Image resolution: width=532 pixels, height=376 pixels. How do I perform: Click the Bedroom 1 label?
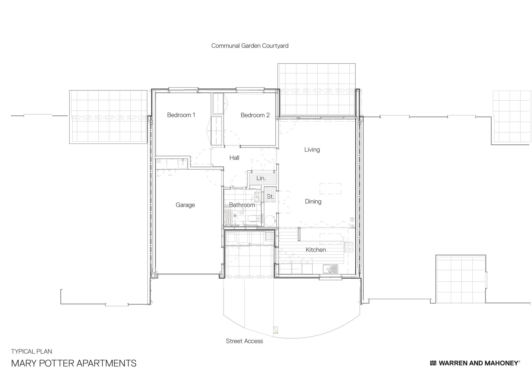click(181, 115)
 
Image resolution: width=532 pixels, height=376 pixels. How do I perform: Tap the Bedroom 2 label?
click(255, 115)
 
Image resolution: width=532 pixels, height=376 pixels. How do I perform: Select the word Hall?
click(234, 158)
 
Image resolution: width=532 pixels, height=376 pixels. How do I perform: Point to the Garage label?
click(185, 205)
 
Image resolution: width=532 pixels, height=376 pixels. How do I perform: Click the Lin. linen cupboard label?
click(261, 178)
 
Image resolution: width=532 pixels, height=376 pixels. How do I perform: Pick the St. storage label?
click(270, 197)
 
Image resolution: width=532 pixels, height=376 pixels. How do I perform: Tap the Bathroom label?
click(242, 205)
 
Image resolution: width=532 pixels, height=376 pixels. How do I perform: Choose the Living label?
click(312, 150)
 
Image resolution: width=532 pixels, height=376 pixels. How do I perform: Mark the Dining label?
click(313, 202)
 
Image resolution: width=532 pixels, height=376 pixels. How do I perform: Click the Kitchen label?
click(315, 250)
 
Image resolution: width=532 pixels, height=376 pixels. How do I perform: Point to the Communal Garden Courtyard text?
click(250, 46)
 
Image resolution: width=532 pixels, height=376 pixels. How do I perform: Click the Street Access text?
click(244, 341)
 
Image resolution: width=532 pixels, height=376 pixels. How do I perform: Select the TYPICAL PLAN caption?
click(31, 352)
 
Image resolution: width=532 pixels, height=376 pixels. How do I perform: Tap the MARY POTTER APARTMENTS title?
click(74, 363)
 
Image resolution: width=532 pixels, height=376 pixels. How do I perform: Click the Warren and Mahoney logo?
click(475, 363)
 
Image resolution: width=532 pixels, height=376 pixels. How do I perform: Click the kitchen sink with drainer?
click(330, 269)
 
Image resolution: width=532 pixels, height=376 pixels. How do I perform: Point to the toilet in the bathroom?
click(252, 219)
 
